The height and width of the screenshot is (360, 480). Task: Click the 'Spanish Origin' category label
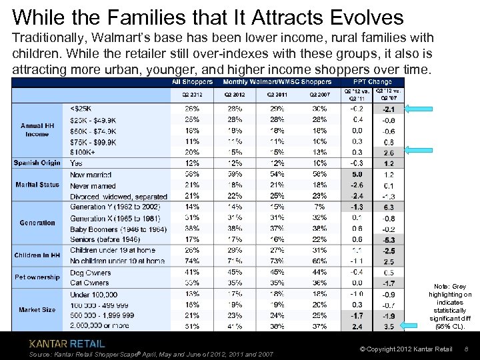pos(37,163)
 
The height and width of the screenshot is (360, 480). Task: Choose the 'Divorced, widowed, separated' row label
pos(118,196)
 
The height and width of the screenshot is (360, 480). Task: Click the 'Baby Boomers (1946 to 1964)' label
pos(117,229)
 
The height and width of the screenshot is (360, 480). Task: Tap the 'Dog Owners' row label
pos(91,272)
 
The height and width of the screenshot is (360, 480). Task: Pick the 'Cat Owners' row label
pos(90,283)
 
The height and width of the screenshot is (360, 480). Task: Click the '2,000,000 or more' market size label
pos(100,326)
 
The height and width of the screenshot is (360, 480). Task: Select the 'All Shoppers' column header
pos(192,82)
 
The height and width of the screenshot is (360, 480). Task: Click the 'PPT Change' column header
pos(375,82)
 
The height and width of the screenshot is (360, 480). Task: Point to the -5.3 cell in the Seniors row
pos(389,239)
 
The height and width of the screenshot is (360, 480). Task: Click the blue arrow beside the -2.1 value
pos(424,108)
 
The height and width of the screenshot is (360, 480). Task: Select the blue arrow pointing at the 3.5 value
pos(424,326)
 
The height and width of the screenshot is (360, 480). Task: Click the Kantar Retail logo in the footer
pos(67,343)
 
